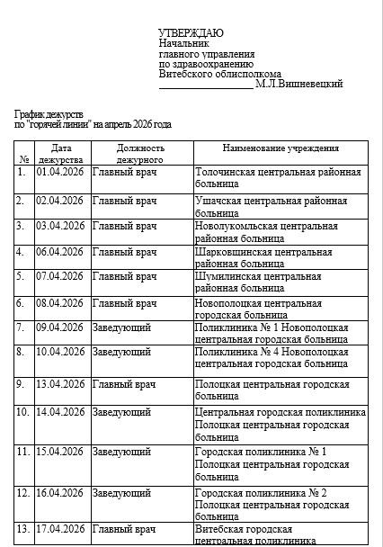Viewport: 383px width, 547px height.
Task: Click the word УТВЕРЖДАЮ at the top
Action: click(x=184, y=33)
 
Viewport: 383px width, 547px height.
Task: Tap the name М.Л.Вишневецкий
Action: click(x=298, y=84)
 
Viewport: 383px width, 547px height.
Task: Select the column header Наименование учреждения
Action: click(x=281, y=148)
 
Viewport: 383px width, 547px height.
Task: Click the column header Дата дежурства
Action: click(x=61, y=153)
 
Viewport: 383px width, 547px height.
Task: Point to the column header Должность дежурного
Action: click(x=140, y=153)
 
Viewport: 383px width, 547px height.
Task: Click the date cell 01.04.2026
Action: click(x=59, y=171)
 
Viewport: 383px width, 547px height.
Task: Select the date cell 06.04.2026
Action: click(x=59, y=252)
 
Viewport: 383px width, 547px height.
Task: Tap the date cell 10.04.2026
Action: click(x=59, y=352)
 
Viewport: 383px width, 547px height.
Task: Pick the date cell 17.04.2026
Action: click(x=59, y=529)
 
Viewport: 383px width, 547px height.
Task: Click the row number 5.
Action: click(x=22, y=277)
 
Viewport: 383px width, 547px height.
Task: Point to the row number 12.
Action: click(x=23, y=494)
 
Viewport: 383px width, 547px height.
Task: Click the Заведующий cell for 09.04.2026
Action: click(x=121, y=327)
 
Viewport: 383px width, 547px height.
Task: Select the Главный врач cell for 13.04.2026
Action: click(x=124, y=384)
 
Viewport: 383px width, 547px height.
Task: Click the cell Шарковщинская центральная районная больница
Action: click(x=263, y=257)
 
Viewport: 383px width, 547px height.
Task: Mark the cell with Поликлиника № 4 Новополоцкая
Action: click(x=272, y=357)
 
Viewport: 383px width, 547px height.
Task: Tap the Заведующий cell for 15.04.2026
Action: click(x=121, y=451)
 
